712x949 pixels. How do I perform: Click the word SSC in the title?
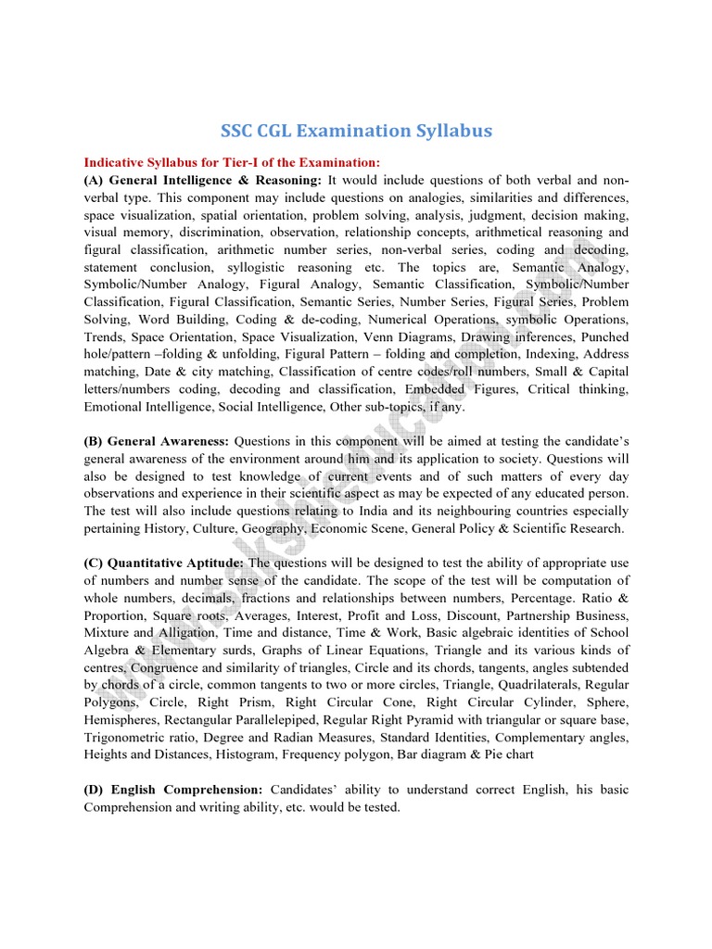(x=239, y=132)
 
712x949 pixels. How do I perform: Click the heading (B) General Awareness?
(x=157, y=441)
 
